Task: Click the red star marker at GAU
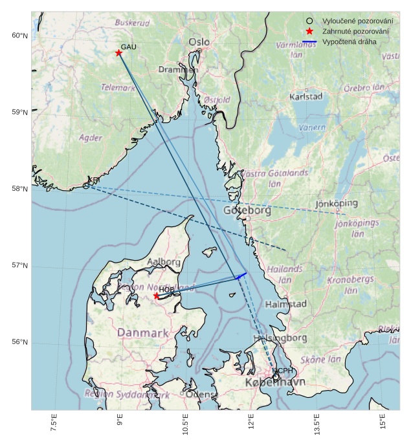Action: [118, 53]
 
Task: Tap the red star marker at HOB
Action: [157, 296]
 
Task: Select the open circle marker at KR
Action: [86, 186]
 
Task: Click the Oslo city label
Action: [199, 42]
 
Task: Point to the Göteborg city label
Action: [247, 211]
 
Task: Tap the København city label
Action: [274, 383]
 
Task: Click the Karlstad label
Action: [306, 96]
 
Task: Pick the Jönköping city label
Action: [336, 204]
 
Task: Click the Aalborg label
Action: [164, 262]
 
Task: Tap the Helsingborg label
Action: [280, 338]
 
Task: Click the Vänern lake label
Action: [311, 127]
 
